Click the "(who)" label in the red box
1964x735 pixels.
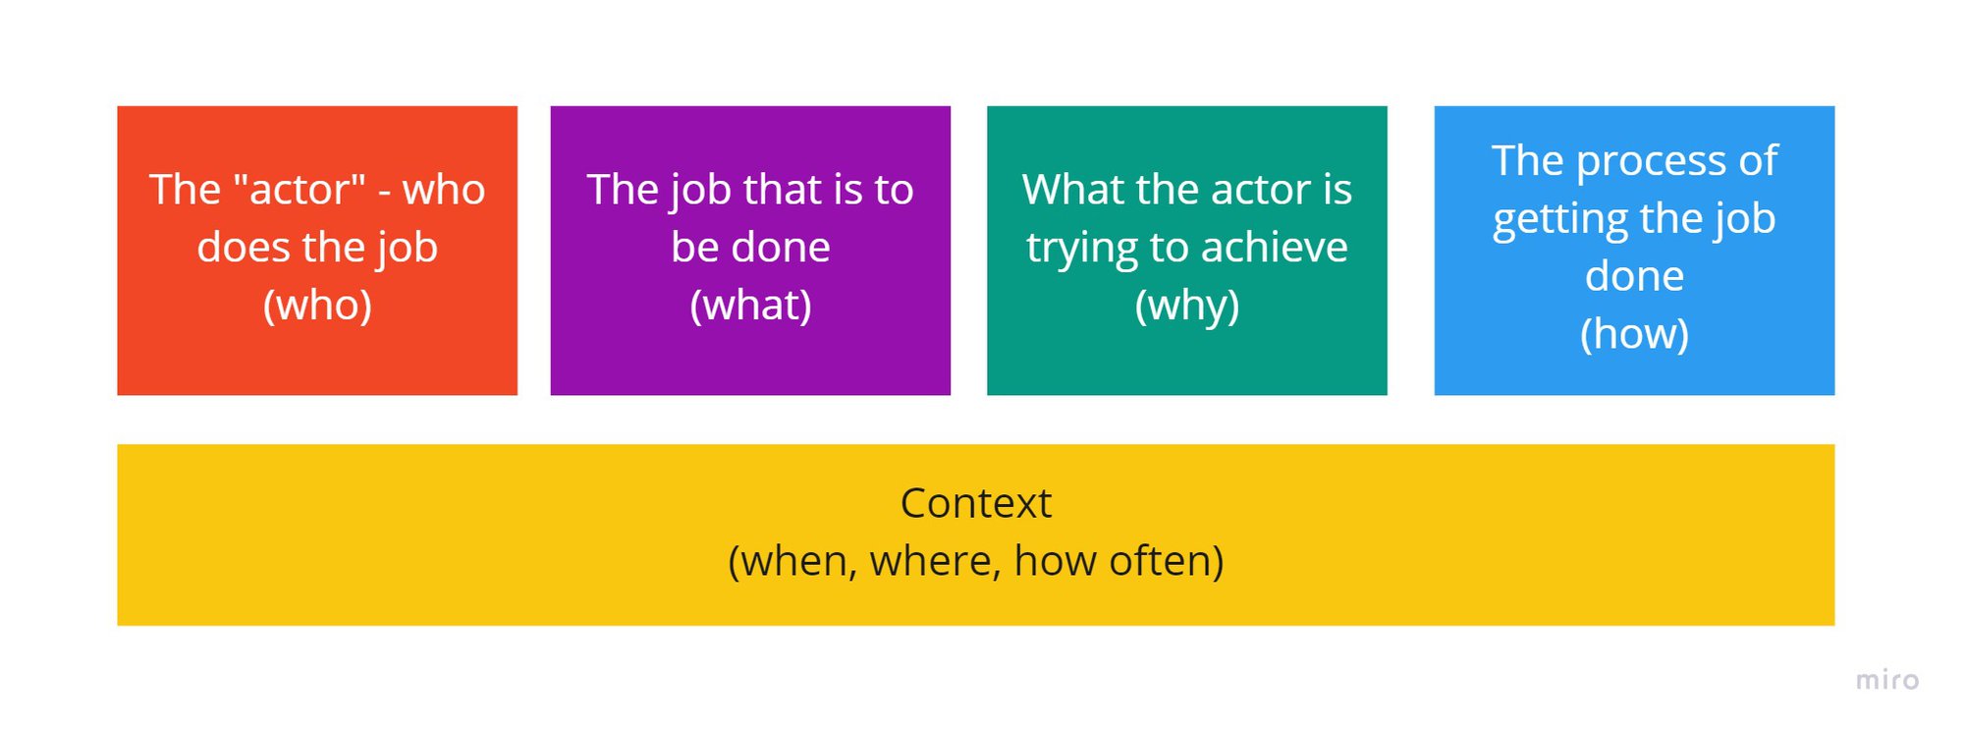coord(317,306)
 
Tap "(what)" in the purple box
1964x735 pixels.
coord(750,306)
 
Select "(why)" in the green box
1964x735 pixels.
coord(1186,306)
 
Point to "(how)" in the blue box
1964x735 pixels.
coord(1634,334)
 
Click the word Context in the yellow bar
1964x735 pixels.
coord(975,503)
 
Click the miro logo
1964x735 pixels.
coord(1886,680)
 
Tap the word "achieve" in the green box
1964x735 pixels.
coord(1274,248)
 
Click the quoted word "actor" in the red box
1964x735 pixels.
coord(300,189)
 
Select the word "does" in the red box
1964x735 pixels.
coord(244,248)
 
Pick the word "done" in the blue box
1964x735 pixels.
coord(1634,276)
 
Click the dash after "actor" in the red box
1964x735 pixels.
coord(385,191)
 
